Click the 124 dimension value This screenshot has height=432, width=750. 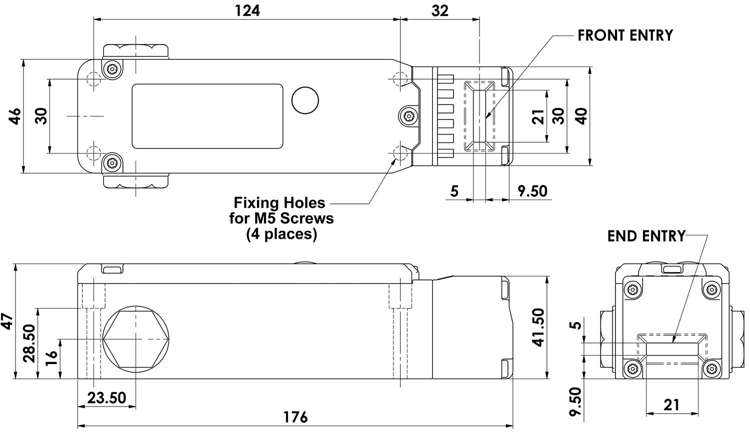(x=247, y=10)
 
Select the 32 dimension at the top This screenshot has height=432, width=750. (x=439, y=10)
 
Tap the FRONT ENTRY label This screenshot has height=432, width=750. (x=625, y=35)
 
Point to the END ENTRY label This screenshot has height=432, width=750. (x=646, y=236)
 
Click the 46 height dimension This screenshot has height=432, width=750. (x=15, y=116)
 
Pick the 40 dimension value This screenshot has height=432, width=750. (x=580, y=116)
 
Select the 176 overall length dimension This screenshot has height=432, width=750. (x=295, y=416)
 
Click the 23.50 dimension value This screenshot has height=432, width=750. (x=106, y=398)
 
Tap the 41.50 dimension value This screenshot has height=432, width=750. (x=538, y=327)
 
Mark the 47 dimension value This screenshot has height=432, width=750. (x=6, y=321)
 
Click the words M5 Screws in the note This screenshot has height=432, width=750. (x=303, y=218)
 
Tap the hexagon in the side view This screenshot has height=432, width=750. (x=135, y=339)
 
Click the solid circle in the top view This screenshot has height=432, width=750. (x=305, y=100)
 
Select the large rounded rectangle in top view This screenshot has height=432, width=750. (x=207, y=116)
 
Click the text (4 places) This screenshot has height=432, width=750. (x=281, y=234)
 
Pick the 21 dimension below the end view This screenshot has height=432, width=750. (x=671, y=404)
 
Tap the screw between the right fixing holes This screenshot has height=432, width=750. (x=408, y=116)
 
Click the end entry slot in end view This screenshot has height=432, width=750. (x=671, y=348)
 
